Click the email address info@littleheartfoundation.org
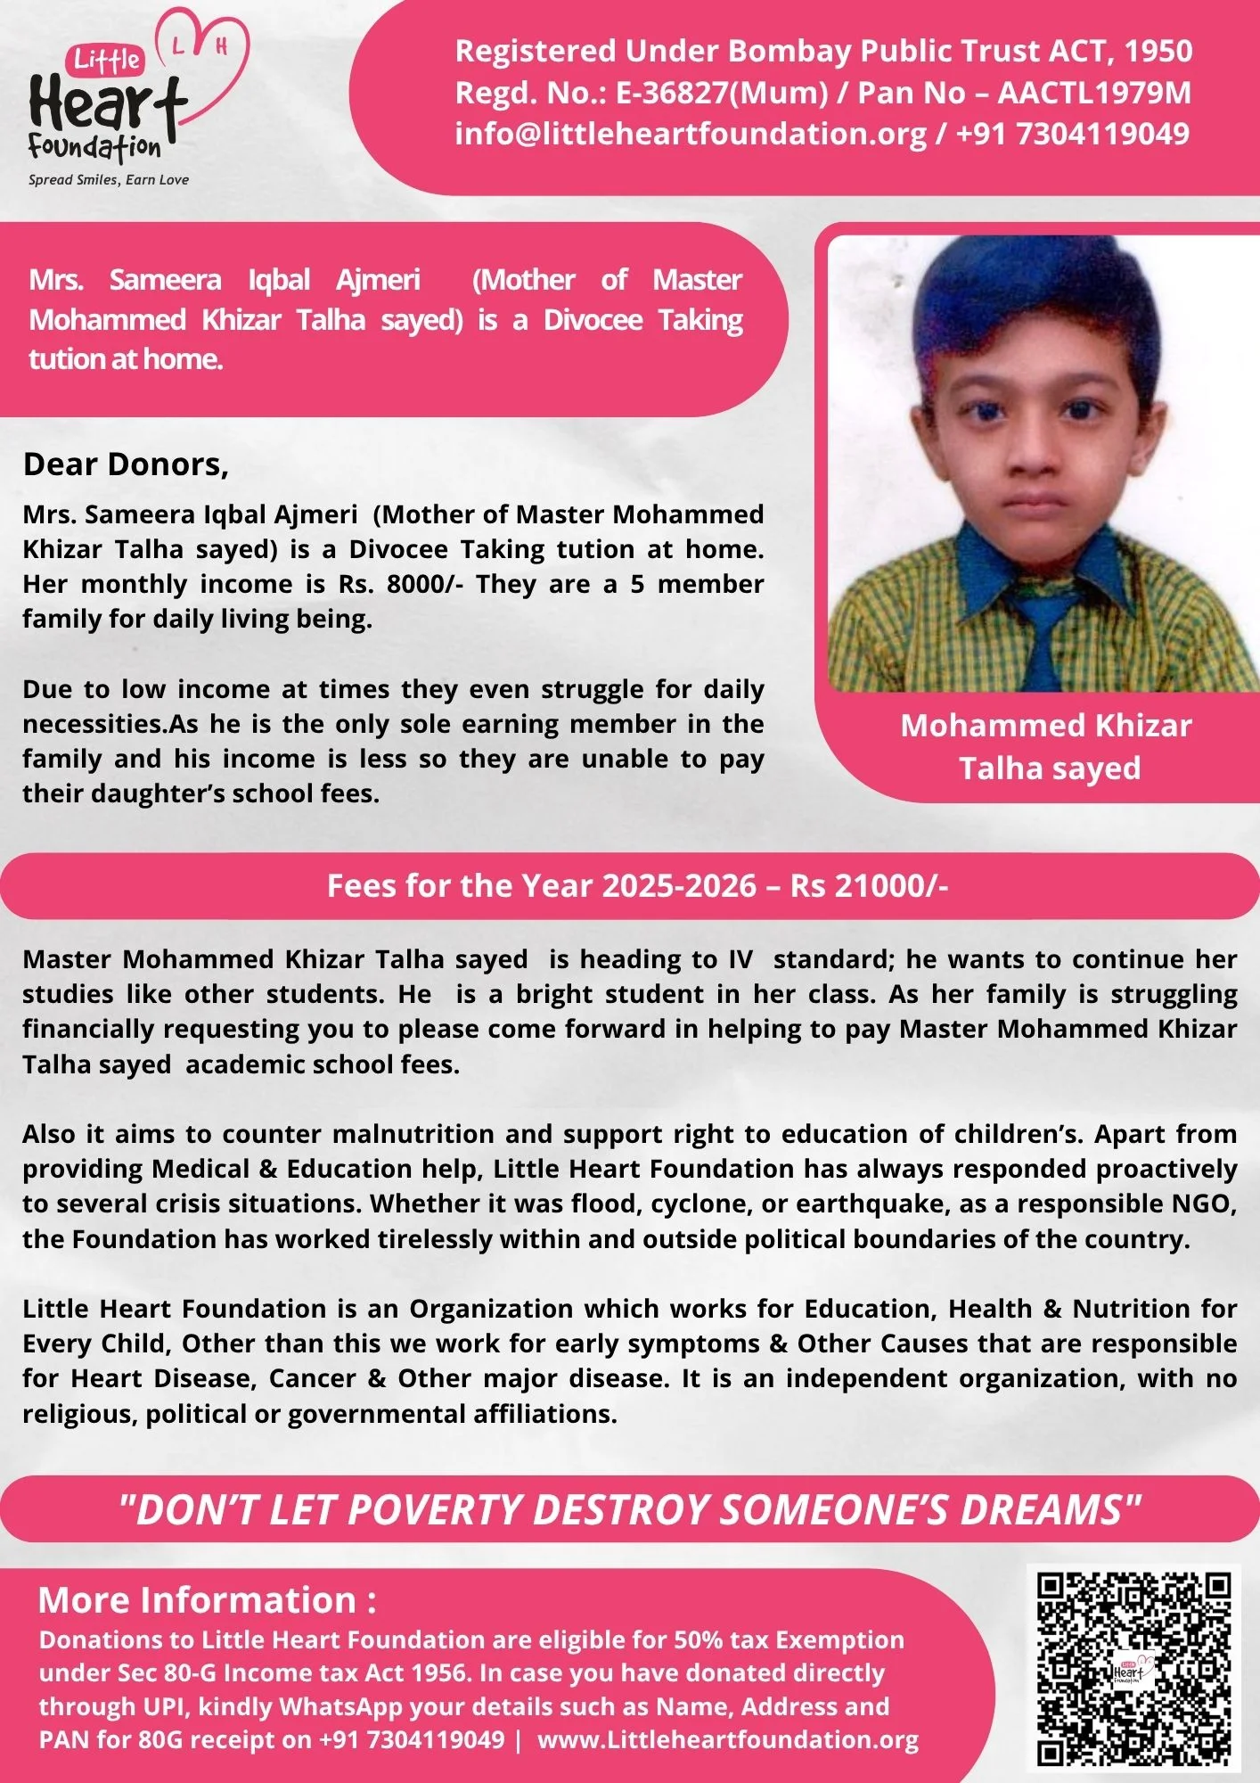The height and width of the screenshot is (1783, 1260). (691, 134)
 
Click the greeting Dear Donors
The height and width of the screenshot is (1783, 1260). (126, 464)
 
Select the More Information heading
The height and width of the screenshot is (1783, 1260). (207, 1600)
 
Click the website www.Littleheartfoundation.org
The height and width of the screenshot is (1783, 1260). (728, 1739)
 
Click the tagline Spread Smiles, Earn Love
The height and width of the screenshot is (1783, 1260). (109, 180)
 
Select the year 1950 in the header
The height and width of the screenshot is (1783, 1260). (1158, 52)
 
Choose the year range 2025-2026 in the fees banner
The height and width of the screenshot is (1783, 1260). (679, 886)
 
